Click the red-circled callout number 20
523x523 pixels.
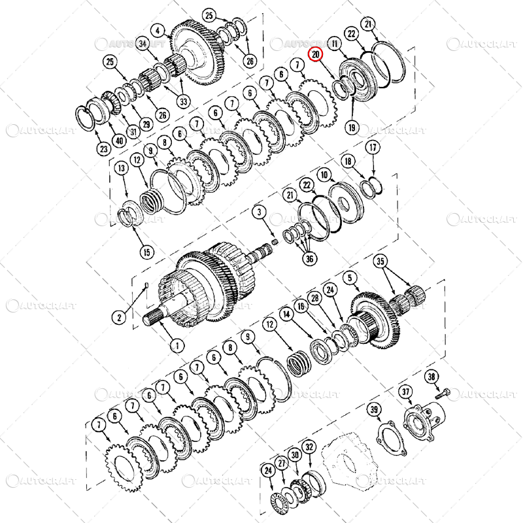coord(316,55)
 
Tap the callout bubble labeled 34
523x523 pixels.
coord(143,44)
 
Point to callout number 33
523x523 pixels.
coord(182,101)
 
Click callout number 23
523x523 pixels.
coord(103,148)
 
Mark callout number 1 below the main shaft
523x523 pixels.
coord(175,344)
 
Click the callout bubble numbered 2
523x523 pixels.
coord(120,318)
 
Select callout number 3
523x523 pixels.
coord(259,212)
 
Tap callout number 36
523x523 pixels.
coord(309,258)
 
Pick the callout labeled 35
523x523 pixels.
coord(380,261)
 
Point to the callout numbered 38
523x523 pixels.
coord(431,377)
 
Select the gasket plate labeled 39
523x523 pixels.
coord(390,435)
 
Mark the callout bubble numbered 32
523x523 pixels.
coord(310,447)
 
